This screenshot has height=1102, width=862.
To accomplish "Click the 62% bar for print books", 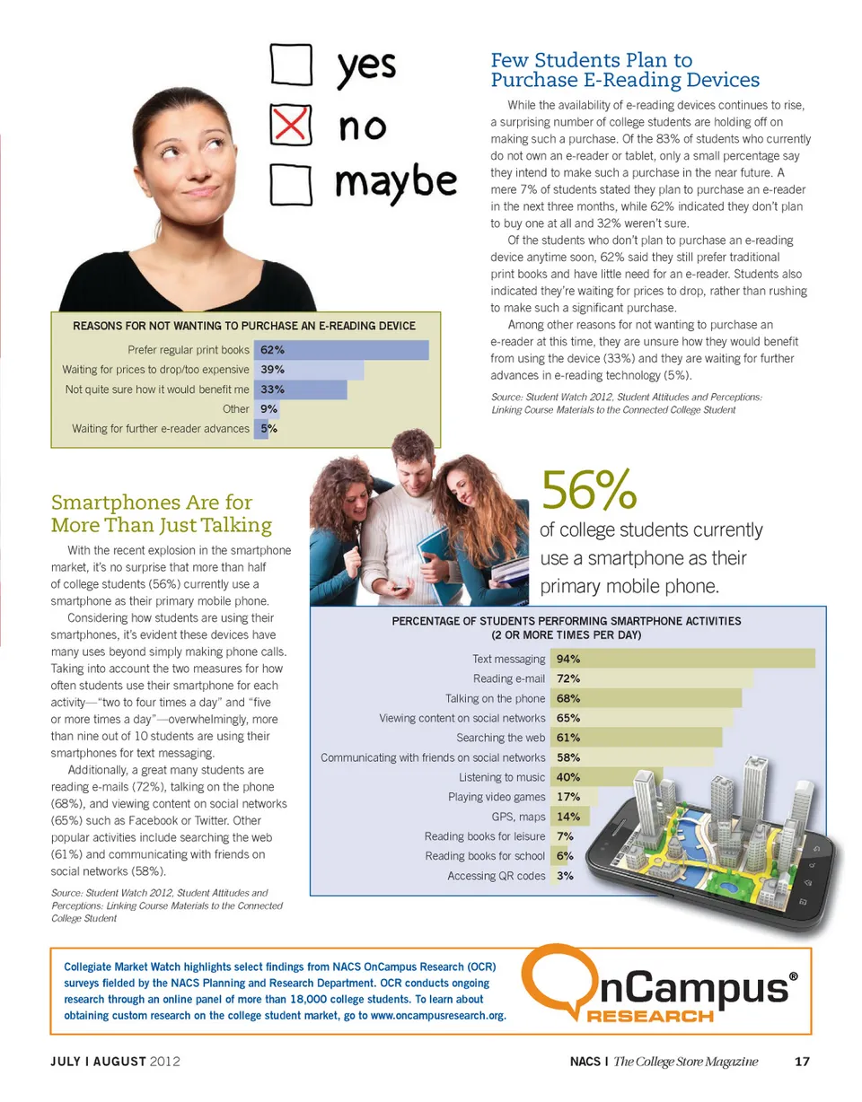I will [x=342, y=350].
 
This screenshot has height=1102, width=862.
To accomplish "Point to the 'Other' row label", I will [x=236, y=409].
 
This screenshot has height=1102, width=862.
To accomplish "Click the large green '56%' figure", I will [x=589, y=488].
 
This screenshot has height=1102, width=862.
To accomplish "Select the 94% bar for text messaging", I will [x=682, y=659].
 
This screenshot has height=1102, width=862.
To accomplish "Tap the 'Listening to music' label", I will [x=502, y=777].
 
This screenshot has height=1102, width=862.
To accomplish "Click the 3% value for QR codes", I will [x=565, y=876].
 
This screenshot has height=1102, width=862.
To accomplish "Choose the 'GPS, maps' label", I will [x=518, y=817].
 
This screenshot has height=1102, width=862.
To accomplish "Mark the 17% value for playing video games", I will [x=567, y=797].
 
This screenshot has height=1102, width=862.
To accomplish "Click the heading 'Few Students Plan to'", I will [x=592, y=61].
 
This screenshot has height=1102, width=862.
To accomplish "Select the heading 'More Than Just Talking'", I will [x=162, y=524].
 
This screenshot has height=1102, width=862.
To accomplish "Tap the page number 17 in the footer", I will [x=803, y=1063].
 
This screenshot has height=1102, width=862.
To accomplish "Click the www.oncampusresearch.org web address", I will [x=437, y=1016].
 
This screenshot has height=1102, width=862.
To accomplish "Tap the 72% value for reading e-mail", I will [x=567, y=678].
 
